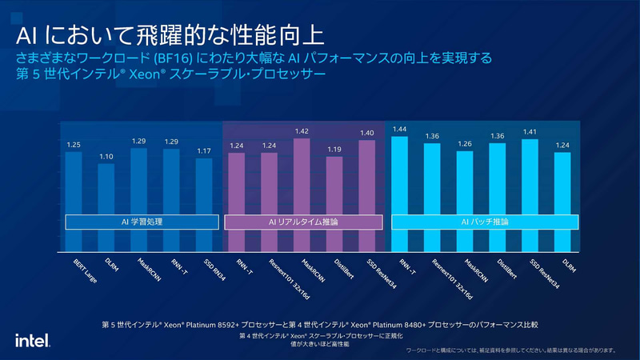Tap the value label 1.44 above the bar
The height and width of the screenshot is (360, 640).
[399, 129]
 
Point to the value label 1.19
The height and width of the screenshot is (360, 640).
[334, 149]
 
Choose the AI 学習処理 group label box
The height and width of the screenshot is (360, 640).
[139, 222]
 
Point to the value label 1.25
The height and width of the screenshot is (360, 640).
[73, 145]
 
